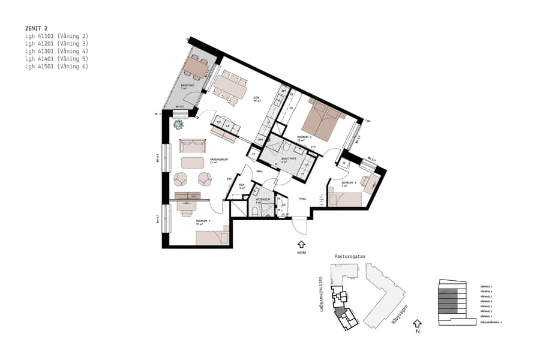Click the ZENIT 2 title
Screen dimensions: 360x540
(x=37, y=28)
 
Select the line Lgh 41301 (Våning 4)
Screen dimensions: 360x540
(x=56, y=51)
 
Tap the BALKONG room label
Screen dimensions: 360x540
(x=187, y=86)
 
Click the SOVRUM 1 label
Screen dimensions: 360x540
(x=202, y=221)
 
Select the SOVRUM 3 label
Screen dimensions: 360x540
(x=349, y=182)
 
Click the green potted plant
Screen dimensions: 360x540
(x=178, y=124)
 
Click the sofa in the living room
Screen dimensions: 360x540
(x=193, y=146)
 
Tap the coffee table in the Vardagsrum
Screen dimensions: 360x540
(x=193, y=162)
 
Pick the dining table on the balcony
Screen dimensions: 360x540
(x=196, y=65)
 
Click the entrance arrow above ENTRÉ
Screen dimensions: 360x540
(x=301, y=244)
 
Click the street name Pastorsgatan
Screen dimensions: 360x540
(x=349, y=256)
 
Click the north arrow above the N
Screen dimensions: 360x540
(x=418, y=324)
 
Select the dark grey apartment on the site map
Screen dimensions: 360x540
(x=340, y=311)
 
